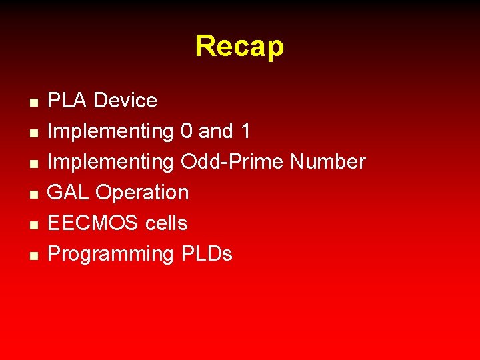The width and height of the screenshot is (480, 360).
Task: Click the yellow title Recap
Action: click(x=239, y=47)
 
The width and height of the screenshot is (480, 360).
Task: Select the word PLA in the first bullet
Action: click(x=68, y=101)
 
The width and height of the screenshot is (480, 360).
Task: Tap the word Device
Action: click(x=125, y=101)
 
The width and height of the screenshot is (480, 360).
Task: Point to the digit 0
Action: click(x=187, y=131)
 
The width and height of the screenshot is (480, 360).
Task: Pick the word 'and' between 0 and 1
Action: click(x=216, y=131)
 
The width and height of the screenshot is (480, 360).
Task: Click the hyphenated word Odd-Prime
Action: click(x=232, y=162)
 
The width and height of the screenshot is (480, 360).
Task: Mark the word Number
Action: click(x=328, y=162)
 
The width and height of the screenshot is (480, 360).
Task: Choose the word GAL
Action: click(x=69, y=193)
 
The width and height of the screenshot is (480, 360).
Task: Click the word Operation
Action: click(x=142, y=193)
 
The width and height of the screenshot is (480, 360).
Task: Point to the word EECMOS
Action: click(x=93, y=223)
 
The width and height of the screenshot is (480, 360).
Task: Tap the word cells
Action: click(x=166, y=223)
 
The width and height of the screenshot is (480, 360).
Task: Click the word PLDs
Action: click(x=206, y=254)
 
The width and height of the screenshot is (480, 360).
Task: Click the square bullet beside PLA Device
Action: click(x=33, y=103)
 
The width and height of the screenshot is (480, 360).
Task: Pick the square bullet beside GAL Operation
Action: click(x=33, y=195)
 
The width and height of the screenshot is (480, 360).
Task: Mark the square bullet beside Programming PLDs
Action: click(x=33, y=256)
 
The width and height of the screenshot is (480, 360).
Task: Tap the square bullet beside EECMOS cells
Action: click(x=33, y=225)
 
